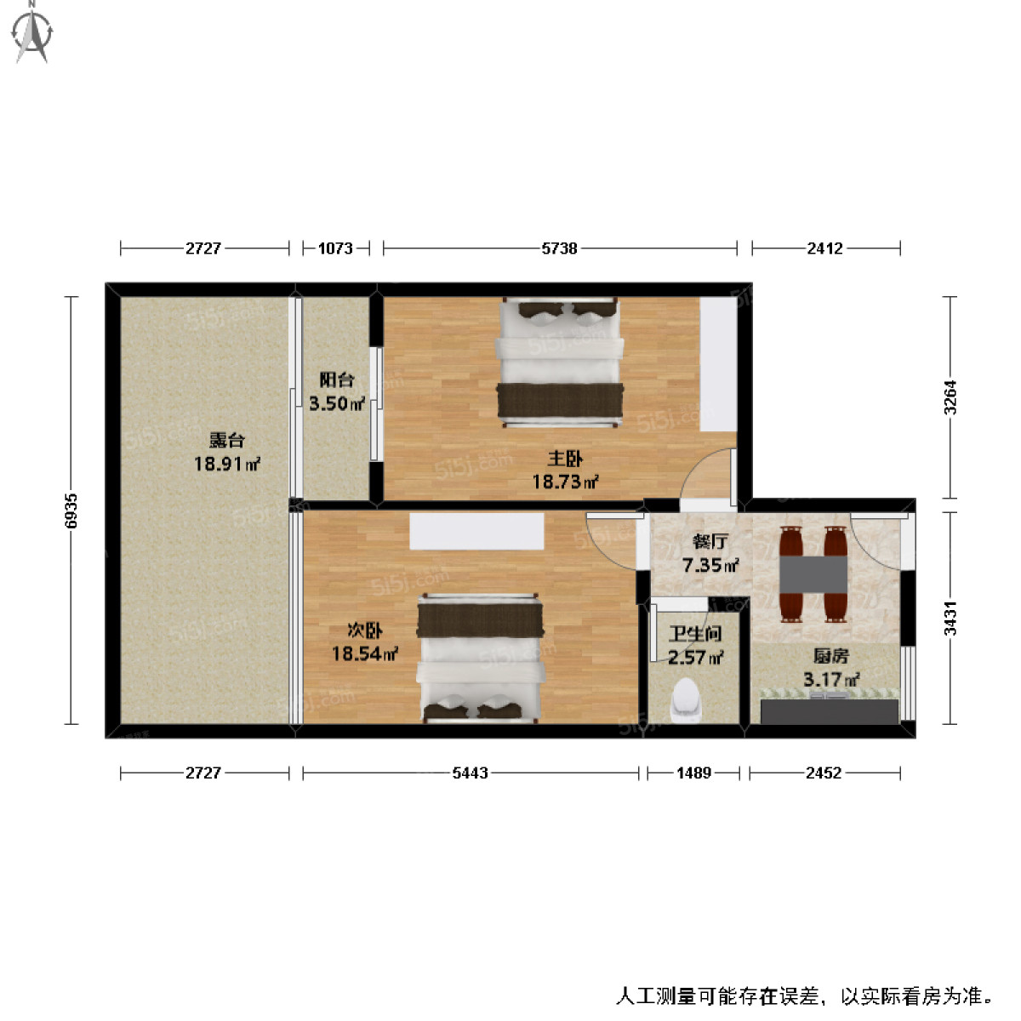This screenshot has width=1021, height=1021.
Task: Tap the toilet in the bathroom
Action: tap(687, 699)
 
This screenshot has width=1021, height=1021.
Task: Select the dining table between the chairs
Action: tap(813, 574)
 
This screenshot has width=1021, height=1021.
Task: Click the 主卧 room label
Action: tap(565, 459)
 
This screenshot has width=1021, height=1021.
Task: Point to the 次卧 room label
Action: tap(365, 630)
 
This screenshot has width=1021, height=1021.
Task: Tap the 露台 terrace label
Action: tap(226, 441)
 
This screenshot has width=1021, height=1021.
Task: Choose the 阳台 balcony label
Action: tap(337, 380)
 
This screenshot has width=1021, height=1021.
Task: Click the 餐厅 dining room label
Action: tap(710, 541)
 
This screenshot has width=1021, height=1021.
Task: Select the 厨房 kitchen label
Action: tap(830, 656)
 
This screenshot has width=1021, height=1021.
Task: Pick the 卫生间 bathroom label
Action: tap(695, 634)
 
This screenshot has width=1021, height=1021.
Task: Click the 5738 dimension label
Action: tap(559, 248)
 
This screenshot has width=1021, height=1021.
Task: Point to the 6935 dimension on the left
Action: tap(71, 510)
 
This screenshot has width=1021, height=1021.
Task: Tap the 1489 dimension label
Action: tap(693, 773)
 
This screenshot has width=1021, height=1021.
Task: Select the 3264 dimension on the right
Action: tap(950, 397)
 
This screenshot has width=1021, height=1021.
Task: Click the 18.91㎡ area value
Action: tap(226, 464)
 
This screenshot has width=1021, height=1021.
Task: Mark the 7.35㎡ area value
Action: tap(710, 564)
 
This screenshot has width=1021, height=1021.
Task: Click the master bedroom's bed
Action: tap(559, 361)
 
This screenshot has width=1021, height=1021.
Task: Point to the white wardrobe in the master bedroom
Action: tap(718, 364)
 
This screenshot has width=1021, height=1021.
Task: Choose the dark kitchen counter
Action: tap(829, 711)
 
